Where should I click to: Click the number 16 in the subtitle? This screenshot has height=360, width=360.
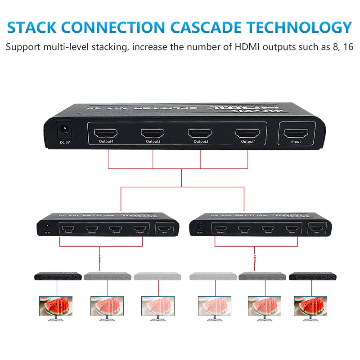[x=347, y=47]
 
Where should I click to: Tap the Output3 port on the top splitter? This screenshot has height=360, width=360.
[x=153, y=133]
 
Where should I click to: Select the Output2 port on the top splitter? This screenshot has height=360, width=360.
[x=200, y=133]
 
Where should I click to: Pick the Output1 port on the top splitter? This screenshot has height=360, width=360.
[x=247, y=133]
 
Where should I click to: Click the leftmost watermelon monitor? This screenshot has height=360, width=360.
[x=56, y=308]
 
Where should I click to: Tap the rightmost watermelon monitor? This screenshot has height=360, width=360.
[x=310, y=308]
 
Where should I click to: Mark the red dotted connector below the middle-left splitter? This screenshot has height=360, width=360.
[x=99, y=260]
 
